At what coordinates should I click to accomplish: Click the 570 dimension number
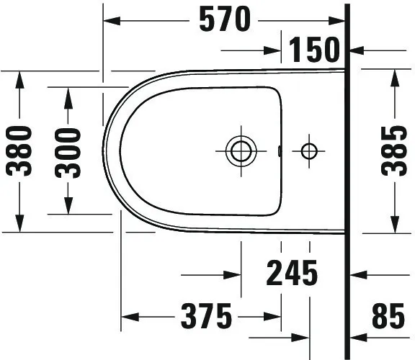(x=226, y=20)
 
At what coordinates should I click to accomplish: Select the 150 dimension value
(x=314, y=50)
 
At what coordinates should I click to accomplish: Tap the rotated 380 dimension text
(x=19, y=150)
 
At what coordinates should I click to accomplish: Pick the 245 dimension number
(x=292, y=274)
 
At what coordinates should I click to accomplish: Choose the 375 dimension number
(x=205, y=316)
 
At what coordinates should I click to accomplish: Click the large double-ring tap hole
(x=238, y=151)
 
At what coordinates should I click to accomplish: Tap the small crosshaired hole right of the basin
(x=309, y=151)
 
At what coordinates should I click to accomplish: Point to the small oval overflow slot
(x=278, y=151)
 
